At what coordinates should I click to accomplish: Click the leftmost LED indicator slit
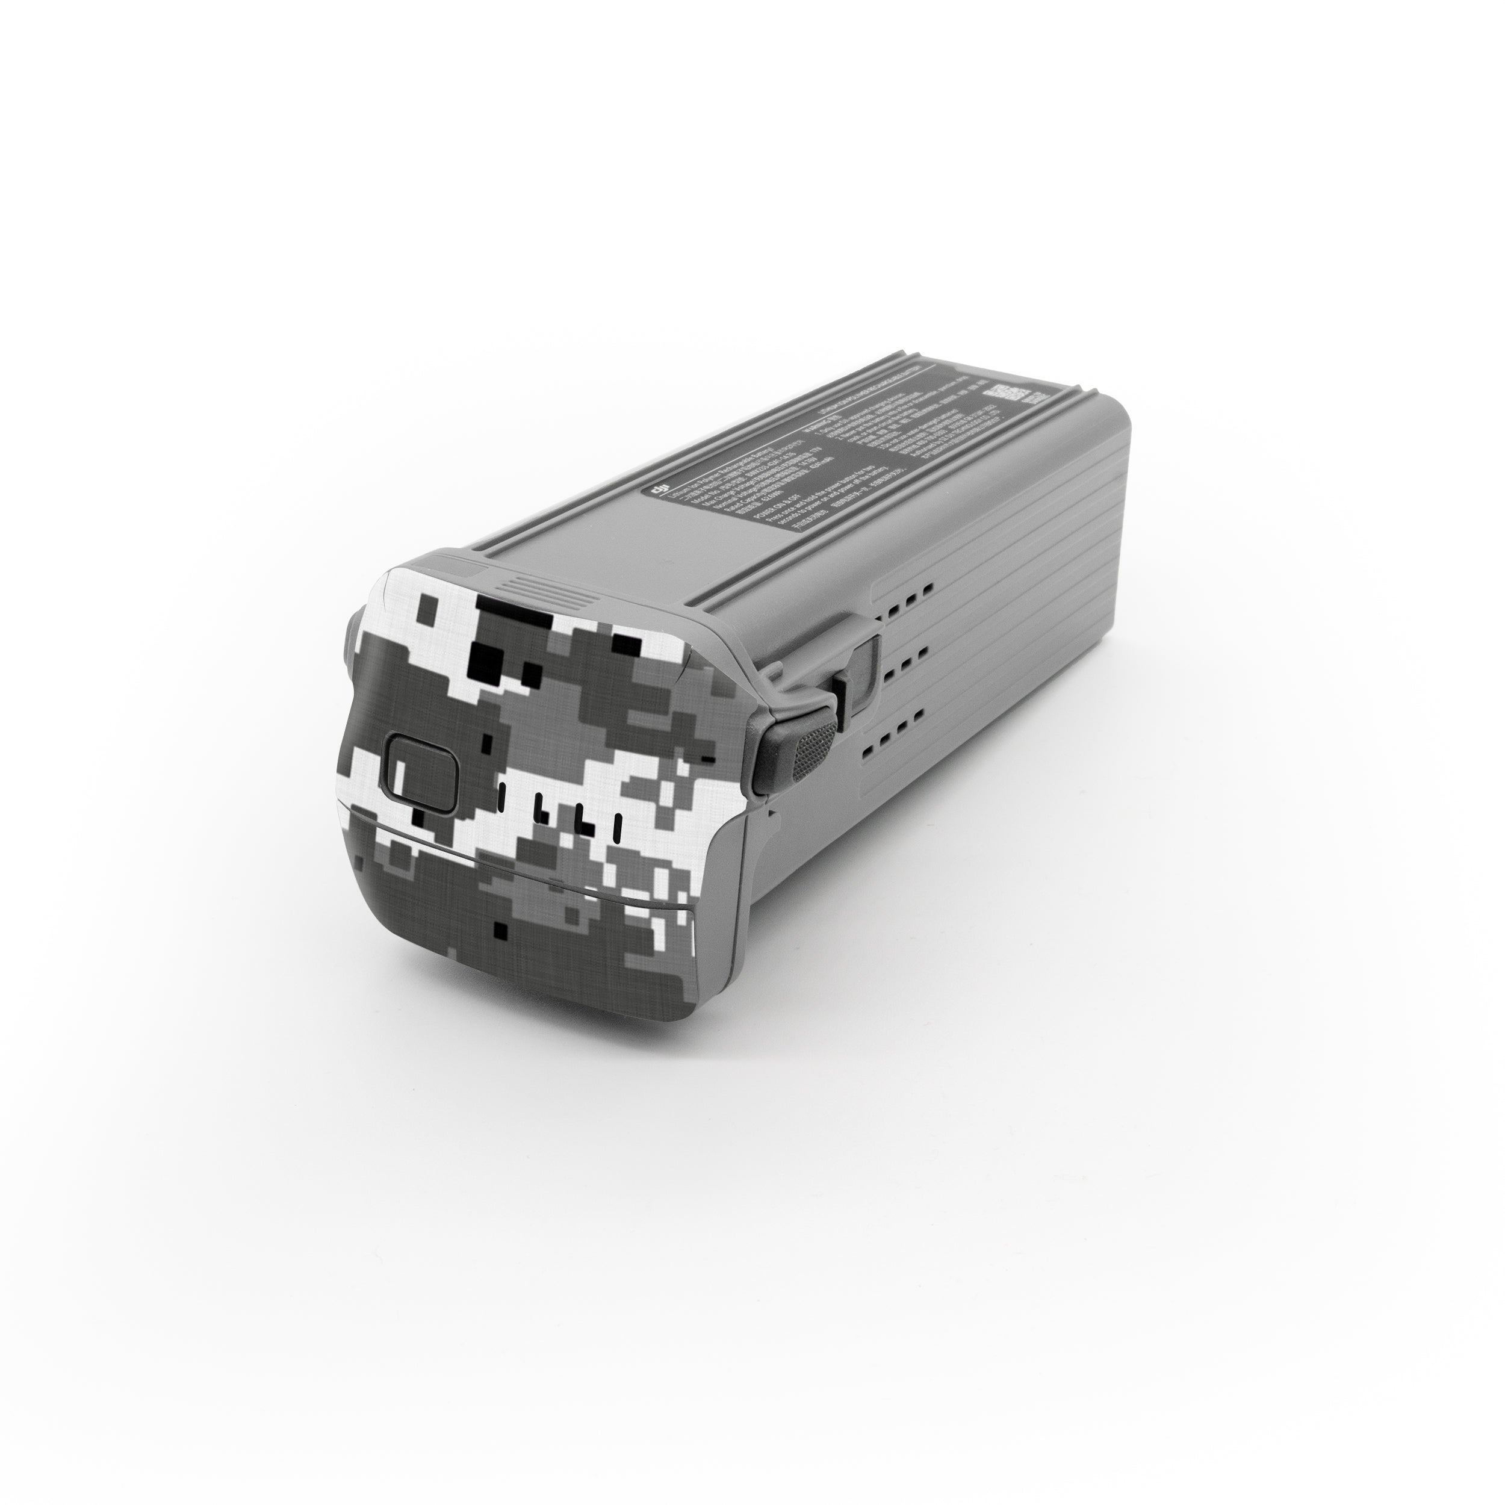click(501, 795)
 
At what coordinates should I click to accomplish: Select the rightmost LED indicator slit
click(617, 829)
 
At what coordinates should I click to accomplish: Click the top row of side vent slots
click(906, 591)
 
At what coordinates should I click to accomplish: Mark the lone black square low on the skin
click(503, 929)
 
